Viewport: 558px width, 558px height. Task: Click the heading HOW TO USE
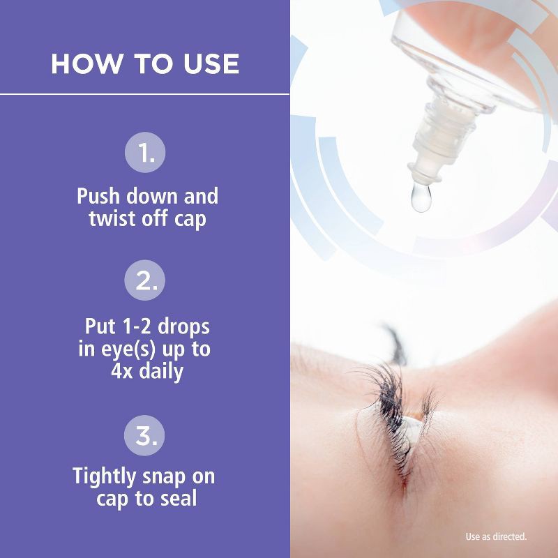pos(145,64)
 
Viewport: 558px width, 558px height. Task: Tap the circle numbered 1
pos(145,153)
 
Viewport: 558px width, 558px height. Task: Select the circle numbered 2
pos(145,282)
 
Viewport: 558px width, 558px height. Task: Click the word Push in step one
pos(98,196)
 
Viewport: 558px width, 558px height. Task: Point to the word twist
pos(110,218)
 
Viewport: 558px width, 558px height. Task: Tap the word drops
pos(182,326)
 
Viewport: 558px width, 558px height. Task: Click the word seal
pos(177,499)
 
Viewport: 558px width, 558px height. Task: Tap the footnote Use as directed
pos(496,537)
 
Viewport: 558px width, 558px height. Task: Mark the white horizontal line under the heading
pos(145,93)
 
